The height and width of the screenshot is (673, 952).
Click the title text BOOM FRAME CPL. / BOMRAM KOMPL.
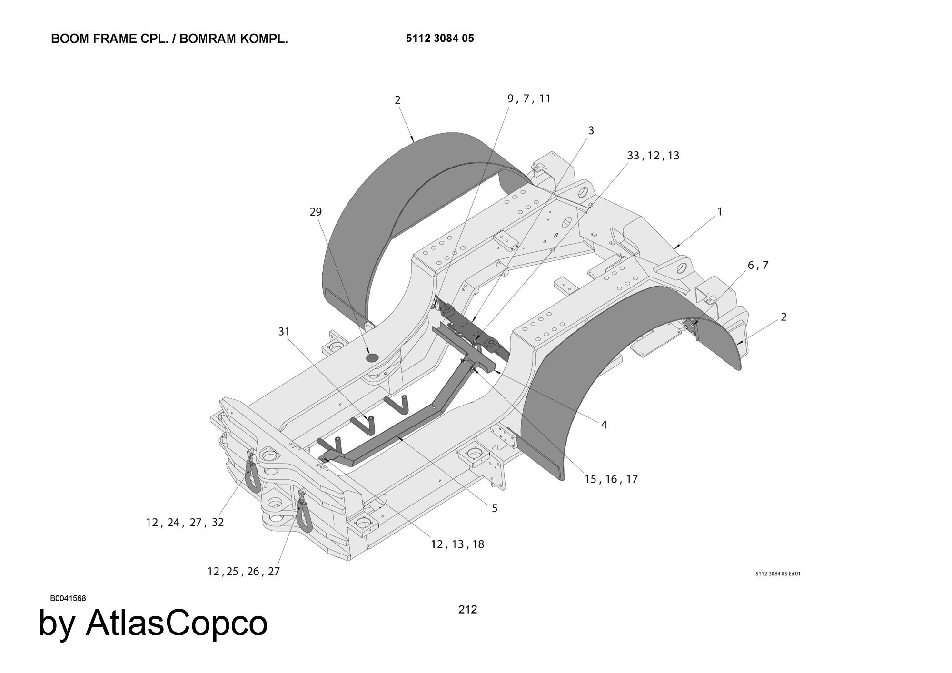pyautogui.click(x=169, y=39)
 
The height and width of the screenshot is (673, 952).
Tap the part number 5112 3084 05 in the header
pyautogui.click(x=440, y=39)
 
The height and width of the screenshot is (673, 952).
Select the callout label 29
pyautogui.click(x=316, y=212)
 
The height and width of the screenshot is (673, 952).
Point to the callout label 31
pyautogui.click(x=284, y=331)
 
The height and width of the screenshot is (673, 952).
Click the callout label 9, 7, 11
pyautogui.click(x=529, y=99)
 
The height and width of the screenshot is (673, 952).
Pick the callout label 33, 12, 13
pyautogui.click(x=653, y=156)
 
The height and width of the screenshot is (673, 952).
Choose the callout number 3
pyautogui.click(x=591, y=130)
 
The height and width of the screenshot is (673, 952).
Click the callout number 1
pyautogui.click(x=720, y=211)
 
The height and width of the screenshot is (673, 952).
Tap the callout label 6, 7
pyautogui.click(x=758, y=265)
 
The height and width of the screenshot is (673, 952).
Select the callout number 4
pyautogui.click(x=604, y=425)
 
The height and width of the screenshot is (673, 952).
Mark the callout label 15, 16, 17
pyautogui.click(x=611, y=479)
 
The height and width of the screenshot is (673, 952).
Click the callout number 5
pyautogui.click(x=495, y=508)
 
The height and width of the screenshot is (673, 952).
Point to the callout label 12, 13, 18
pyautogui.click(x=457, y=544)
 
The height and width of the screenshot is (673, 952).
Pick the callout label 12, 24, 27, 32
pyautogui.click(x=185, y=522)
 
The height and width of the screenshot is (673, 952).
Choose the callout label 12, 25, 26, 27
pyautogui.click(x=244, y=571)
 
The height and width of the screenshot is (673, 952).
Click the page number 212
pyautogui.click(x=467, y=609)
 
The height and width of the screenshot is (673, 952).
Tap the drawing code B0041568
pyautogui.click(x=68, y=598)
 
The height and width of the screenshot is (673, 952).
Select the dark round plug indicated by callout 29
pyautogui.click(x=372, y=357)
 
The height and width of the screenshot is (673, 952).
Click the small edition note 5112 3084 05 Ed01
pyautogui.click(x=778, y=574)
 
